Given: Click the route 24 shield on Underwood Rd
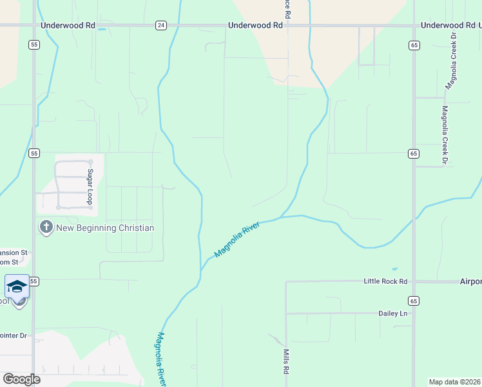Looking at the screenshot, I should (160, 26).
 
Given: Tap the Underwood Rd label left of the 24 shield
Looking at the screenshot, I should (68, 26).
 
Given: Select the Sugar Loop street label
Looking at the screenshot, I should (91, 187).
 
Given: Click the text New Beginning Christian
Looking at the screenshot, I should (105, 228).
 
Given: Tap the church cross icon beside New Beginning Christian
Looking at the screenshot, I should (46, 228).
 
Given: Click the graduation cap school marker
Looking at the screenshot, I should (17, 286).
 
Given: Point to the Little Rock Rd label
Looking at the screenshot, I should (386, 281).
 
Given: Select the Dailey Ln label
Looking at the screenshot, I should (394, 313).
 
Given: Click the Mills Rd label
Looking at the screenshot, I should (286, 362).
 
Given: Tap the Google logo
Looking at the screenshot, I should (21, 379).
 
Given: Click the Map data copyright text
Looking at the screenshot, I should (454, 381).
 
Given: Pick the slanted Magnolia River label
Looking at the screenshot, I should (237, 239).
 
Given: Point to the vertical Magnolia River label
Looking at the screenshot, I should (162, 359).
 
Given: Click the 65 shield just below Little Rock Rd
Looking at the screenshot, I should (413, 301).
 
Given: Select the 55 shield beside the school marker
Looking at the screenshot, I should (34, 282).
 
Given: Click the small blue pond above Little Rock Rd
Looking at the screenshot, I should (394, 269).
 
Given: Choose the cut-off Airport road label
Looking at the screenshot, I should (471, 281).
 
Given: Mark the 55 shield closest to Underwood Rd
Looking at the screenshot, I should (34, 45).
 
